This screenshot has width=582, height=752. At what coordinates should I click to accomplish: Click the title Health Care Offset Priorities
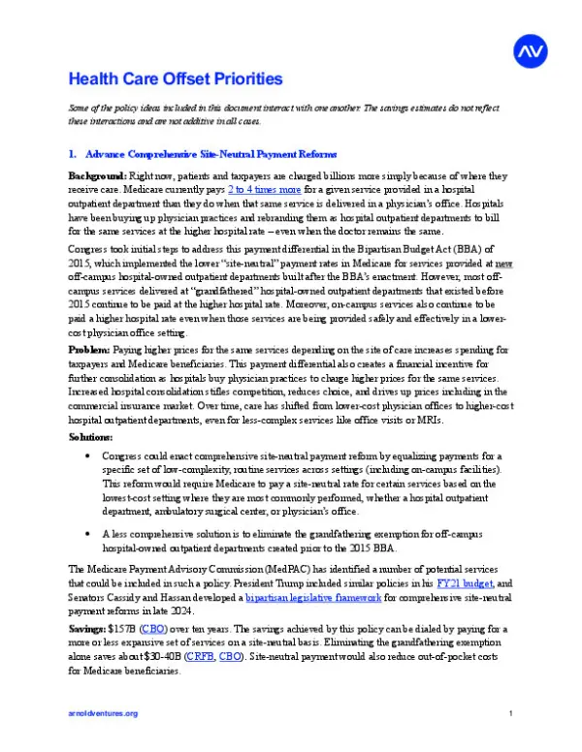click(175, 78)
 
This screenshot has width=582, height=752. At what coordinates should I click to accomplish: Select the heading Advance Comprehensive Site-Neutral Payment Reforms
click(210, 154)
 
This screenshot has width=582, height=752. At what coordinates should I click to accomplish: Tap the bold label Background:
click(97, 176)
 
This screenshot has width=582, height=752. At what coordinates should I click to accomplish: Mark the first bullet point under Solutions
click(89, 454)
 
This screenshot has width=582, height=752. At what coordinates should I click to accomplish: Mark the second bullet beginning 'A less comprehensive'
click(89, 533)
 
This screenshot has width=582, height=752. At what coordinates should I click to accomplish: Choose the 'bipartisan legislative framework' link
click(299, 600)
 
